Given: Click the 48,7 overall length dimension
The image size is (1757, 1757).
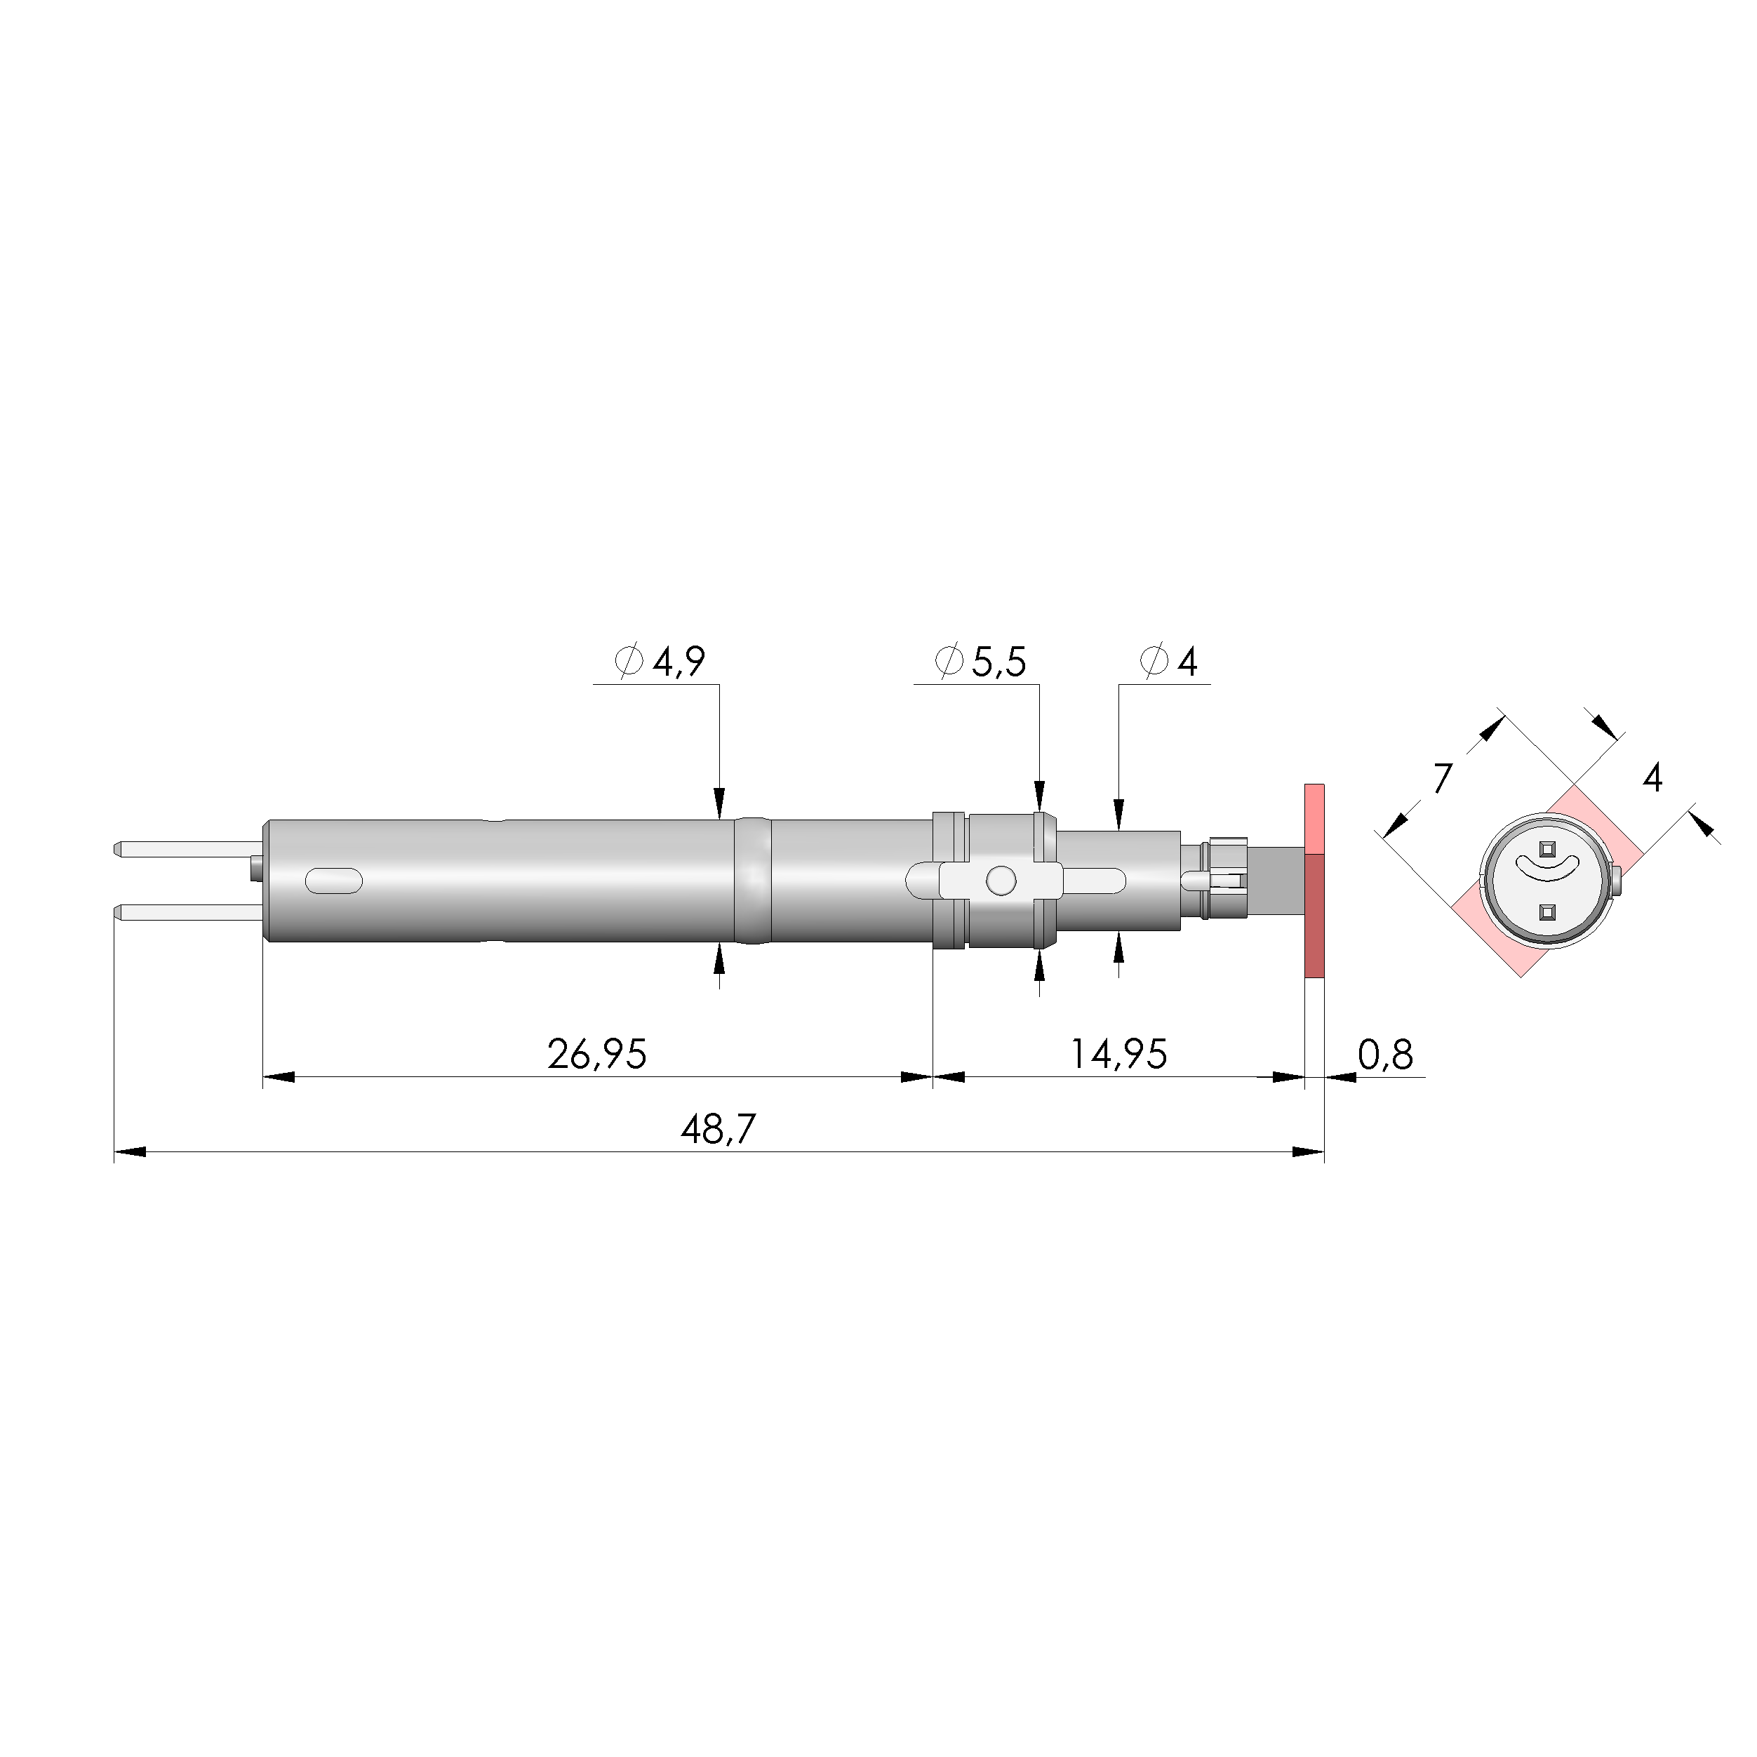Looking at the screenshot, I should (718, 1130).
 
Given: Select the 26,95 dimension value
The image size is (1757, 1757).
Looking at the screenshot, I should (596, 1054).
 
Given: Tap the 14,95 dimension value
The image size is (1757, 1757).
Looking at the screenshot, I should (1118, 1054).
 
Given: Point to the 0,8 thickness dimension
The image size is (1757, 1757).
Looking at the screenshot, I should (1385, 1055).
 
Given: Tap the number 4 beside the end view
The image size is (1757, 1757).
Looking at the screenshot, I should (1652, 777).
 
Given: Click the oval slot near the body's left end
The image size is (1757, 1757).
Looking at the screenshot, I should (333, 881).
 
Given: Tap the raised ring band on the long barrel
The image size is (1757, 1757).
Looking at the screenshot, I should (752, 881).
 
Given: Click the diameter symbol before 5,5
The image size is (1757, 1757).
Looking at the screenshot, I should (949, 661).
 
